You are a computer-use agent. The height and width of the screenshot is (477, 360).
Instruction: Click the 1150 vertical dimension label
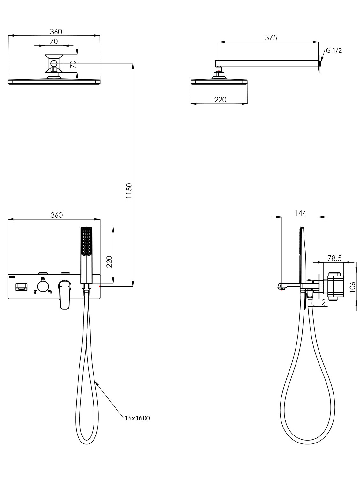pos(129,190)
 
